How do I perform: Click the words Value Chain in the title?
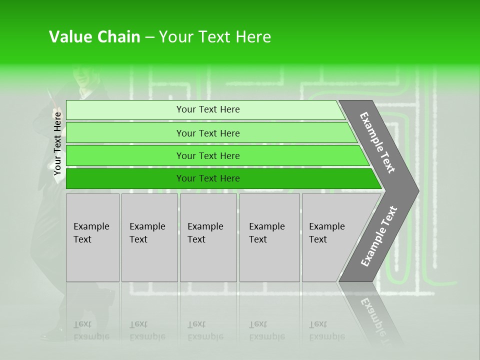[94, 37]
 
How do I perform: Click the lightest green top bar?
[125, 110]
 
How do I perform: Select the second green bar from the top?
[125, 133]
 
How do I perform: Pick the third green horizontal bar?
[125, 155]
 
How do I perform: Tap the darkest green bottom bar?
[125, 178]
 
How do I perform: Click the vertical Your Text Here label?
[57, 143]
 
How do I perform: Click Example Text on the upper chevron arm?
[377, 142]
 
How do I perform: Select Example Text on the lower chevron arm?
[379, 236]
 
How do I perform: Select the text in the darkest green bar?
[208, 178]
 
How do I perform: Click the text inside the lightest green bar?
[208, 109]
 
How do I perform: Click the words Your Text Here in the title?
[215, 37]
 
